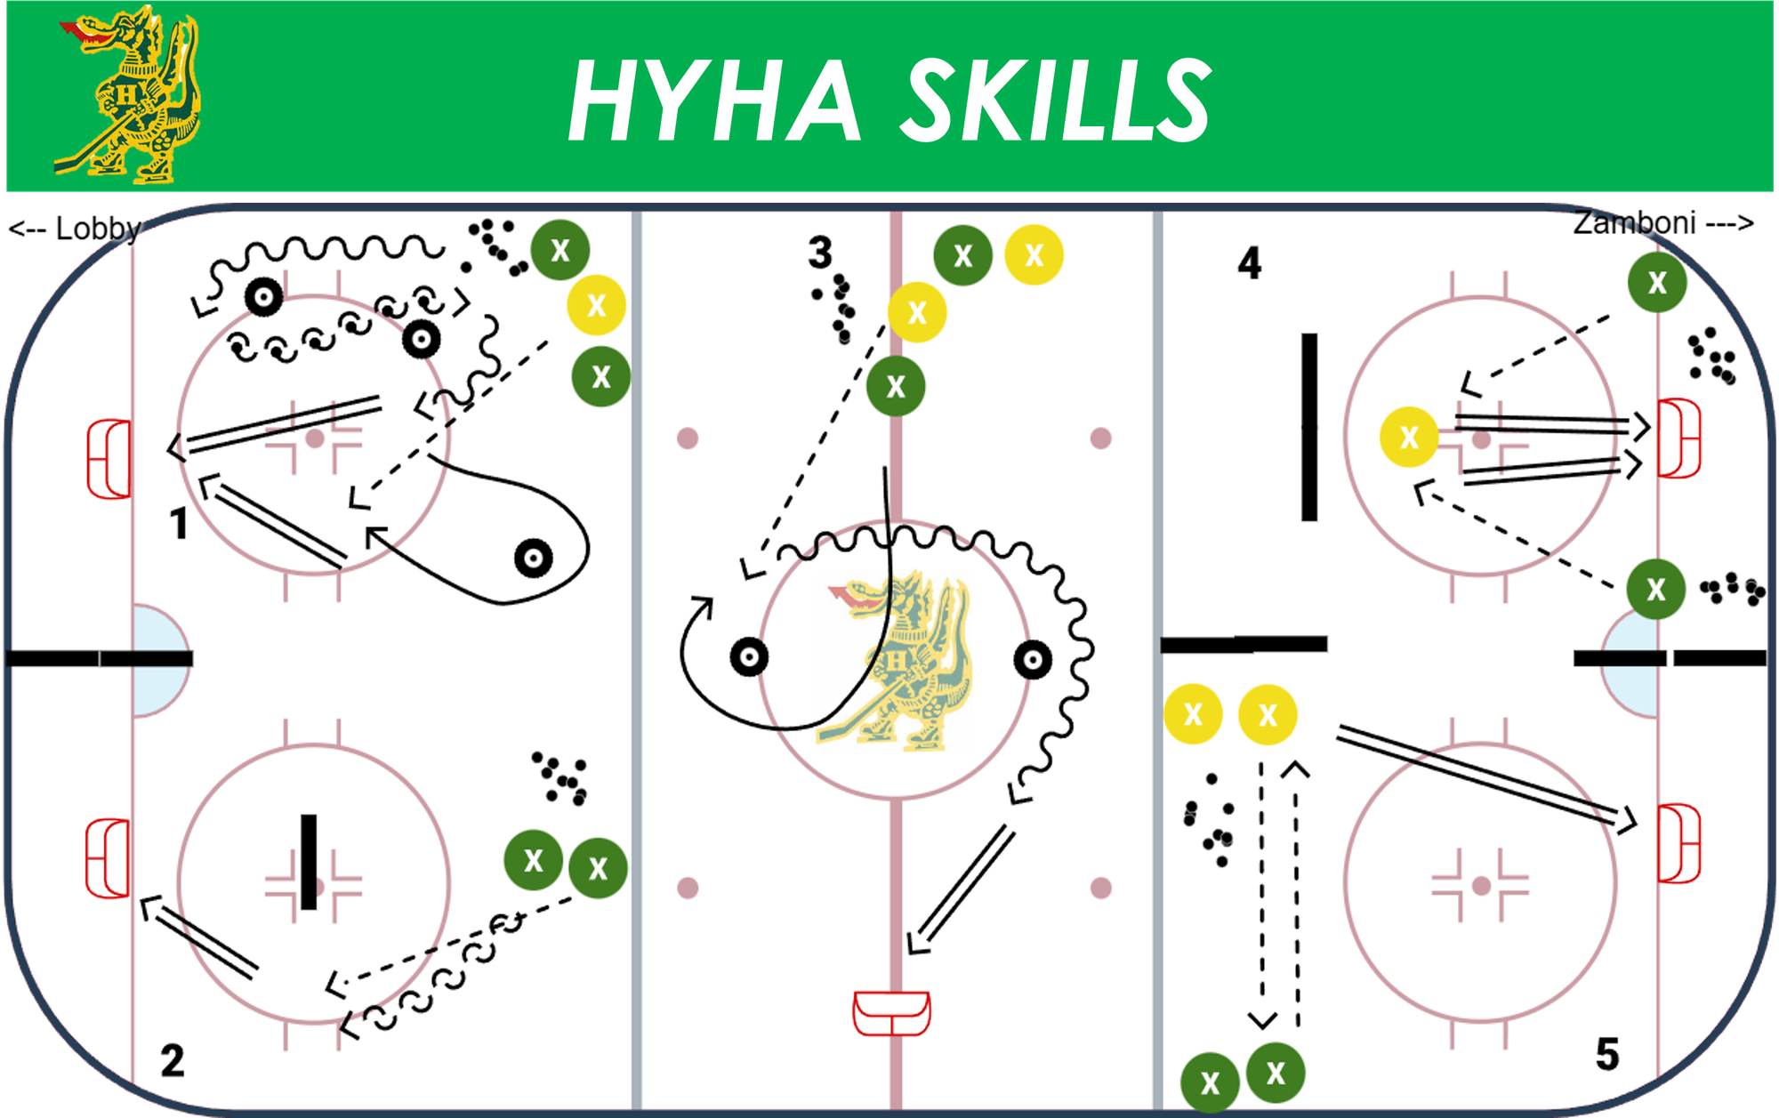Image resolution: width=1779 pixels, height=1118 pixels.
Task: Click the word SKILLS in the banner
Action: (1057, 100)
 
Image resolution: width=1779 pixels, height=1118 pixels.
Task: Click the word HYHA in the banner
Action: (715, 100)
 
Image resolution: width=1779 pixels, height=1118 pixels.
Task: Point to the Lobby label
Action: (75, 229)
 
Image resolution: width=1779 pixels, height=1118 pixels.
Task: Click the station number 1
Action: (180, 524)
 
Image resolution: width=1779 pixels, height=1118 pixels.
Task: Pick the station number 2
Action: (173, 1060)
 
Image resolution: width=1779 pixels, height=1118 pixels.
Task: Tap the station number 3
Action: (820, 253)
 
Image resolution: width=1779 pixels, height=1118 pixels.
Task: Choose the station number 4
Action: (1250, 263)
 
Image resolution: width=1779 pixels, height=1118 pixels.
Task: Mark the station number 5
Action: (1607, 1054)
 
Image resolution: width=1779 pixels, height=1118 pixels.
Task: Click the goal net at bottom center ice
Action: (891, 1013)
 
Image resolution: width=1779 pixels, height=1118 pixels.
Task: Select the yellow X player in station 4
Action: (1409, 437)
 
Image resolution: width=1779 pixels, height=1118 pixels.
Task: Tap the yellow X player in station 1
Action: (596, 305)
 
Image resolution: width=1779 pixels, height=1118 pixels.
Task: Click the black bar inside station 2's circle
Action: (309, 862)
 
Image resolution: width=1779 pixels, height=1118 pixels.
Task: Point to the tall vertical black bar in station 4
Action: (1309, 427)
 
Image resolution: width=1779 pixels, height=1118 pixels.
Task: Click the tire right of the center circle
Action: (1033, 660)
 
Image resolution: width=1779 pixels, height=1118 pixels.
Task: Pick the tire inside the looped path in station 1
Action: (534, 559)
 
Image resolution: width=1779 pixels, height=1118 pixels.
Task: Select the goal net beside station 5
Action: (1679, 843)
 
